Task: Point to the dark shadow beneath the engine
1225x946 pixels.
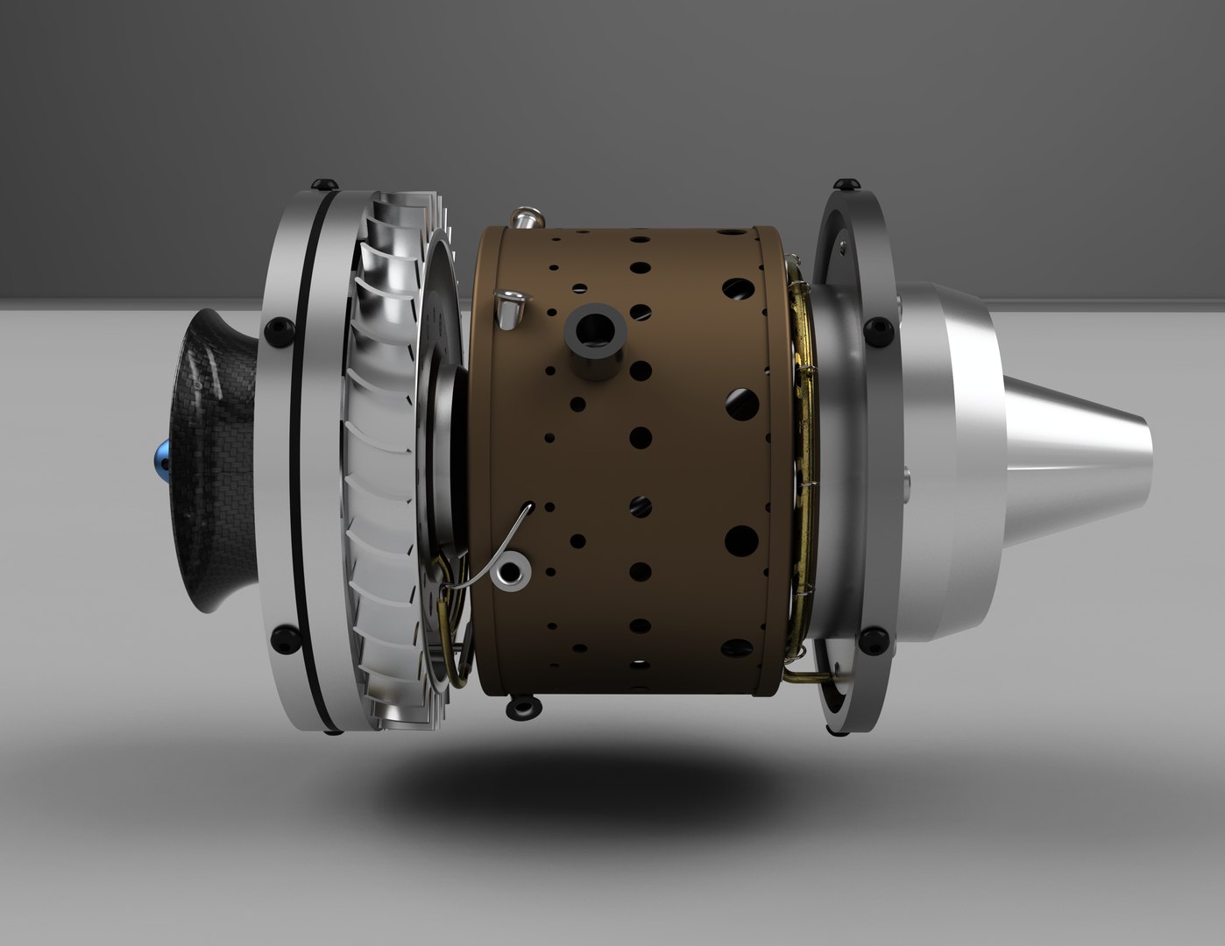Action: pos(561,771)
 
